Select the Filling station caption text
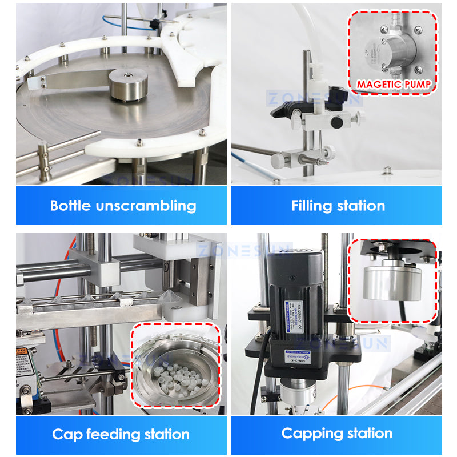(x=338, y=206)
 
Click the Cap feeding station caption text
(x=121, y=434)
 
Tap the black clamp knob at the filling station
(x=337, y=122)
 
